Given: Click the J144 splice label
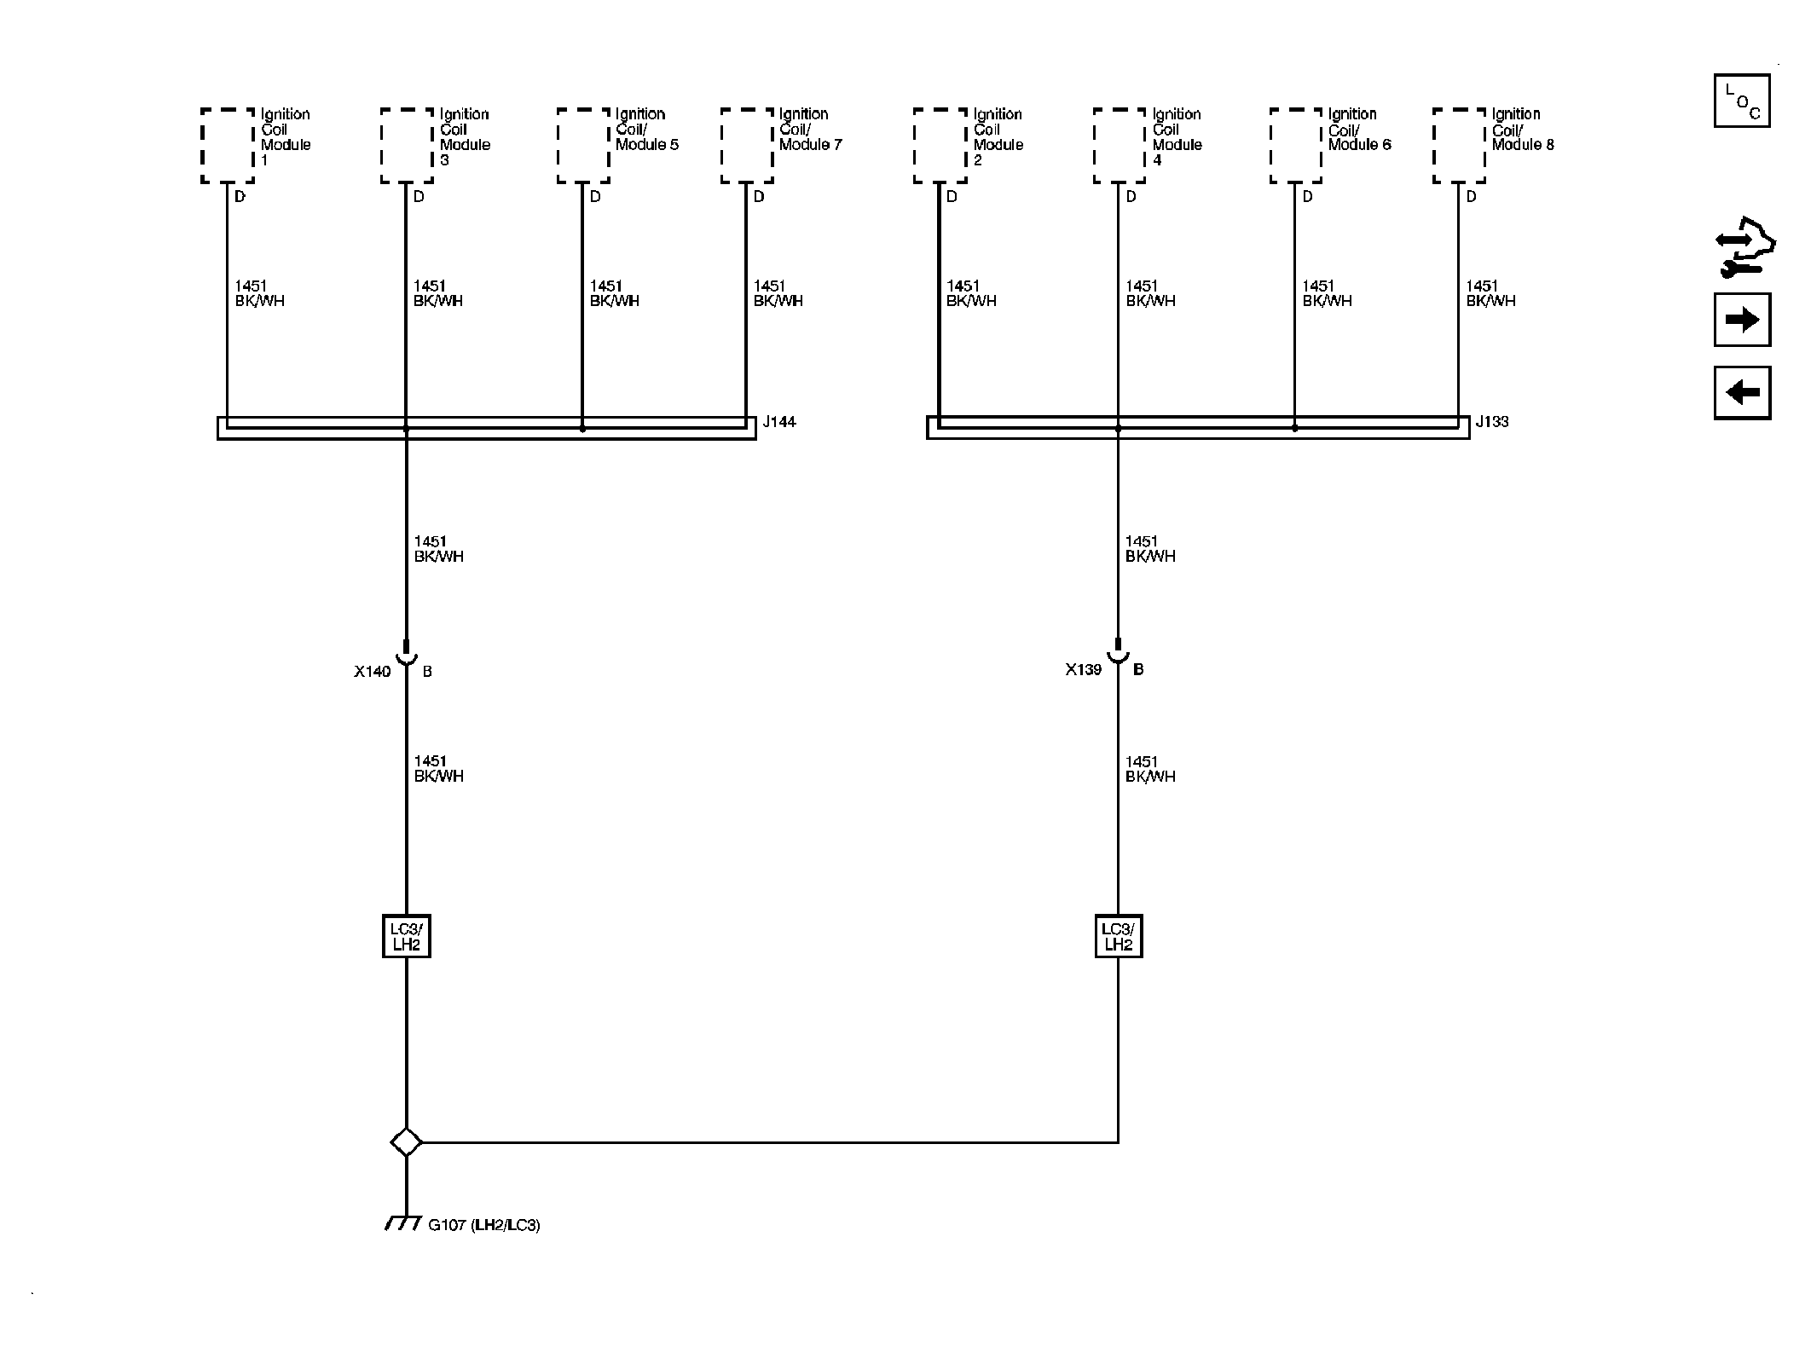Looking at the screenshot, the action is click(x=779, y=422).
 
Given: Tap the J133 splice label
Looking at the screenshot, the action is click(x=1492, y=422).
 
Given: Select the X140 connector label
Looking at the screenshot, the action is click(x=373, y=672).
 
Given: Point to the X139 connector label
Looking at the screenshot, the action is click(x=1084, y=670).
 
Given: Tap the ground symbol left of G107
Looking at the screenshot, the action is click(x=403, y=1223).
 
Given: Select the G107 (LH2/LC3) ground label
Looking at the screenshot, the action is click(x=484, y=1226).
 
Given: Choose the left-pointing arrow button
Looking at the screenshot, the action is click(x=1742, y=393).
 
